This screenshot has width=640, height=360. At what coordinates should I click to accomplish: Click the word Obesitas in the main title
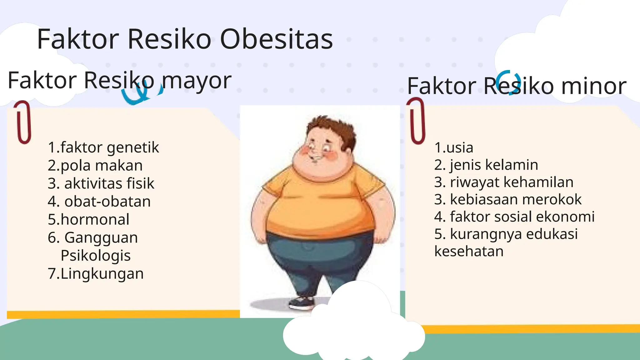tap(277, 39)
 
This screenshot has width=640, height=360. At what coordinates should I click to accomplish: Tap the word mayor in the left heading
tap(197, 81)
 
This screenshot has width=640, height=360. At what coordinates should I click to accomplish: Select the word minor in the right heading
tap(594, 86)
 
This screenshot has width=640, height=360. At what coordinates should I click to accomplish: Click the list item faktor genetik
tap(109, 147)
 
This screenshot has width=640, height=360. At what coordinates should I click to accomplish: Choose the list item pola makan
tap(102, 165)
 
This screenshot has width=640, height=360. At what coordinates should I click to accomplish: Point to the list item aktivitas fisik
tap(109, 183)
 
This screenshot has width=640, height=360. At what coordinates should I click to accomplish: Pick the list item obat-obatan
tap(107, 202)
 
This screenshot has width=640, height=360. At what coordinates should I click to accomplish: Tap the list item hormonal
tap(95, 219)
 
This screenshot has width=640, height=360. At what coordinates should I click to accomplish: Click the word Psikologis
tap(96, 256)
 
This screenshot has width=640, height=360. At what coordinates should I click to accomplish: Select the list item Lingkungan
tap(102, 274)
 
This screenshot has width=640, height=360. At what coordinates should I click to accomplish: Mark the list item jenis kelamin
tap(494, 165)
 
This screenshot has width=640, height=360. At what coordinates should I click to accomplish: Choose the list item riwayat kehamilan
tap(512, 182)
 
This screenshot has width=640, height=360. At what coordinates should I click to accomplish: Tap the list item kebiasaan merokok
tap(516, 199)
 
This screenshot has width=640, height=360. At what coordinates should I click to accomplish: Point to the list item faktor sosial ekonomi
tap(522, 217)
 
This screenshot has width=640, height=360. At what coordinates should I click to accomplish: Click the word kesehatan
tap(469, 251)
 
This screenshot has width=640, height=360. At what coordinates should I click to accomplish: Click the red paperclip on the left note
tap(23, 122)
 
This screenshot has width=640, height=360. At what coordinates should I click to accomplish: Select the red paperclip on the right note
tap(417, 121)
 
